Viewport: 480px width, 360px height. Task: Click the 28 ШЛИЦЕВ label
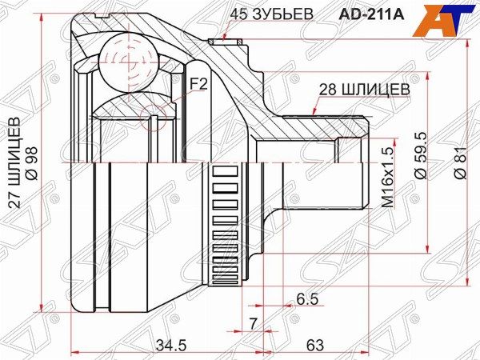click(363, 90)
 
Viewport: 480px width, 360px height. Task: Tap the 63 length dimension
click(314, 345)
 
